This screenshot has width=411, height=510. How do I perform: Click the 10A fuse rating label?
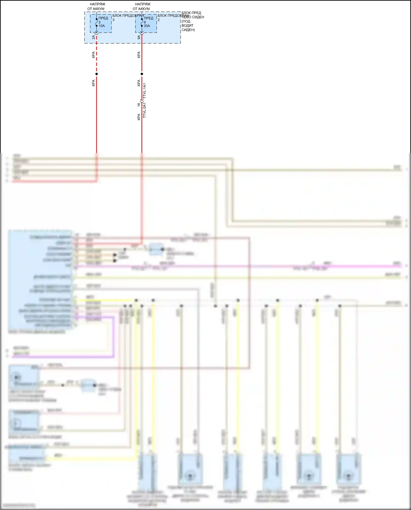102,26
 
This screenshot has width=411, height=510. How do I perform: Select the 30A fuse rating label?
147,26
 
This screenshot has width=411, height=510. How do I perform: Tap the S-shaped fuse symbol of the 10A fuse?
96,22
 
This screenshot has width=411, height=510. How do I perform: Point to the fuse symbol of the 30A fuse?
142,22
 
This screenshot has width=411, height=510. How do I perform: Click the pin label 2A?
93,37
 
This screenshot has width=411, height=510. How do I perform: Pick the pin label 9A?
139,37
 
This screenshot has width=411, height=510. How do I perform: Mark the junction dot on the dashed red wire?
96,74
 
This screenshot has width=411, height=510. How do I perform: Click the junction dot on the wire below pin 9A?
142,74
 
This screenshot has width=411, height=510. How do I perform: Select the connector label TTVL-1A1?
145,91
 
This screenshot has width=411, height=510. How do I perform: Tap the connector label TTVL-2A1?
145,110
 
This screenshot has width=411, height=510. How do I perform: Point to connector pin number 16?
139,104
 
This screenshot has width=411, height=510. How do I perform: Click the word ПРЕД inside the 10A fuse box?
103,18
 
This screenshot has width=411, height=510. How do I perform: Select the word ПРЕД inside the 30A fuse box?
149,18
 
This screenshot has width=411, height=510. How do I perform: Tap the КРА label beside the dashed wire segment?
93,55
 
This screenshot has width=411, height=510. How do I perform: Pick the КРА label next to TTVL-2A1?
139,117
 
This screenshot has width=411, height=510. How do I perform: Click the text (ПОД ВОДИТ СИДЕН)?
188,25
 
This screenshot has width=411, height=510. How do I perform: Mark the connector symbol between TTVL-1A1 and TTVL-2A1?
142,101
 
